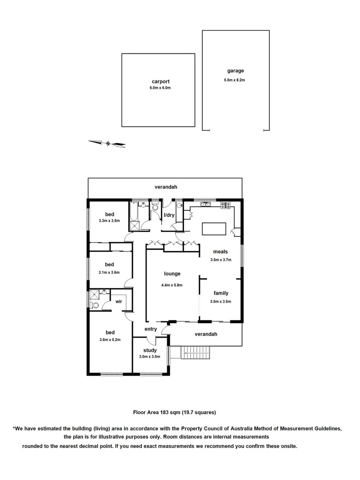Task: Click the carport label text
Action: point(161,82)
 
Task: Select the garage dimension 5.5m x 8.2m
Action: point(235,80)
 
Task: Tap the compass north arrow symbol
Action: point(107,143)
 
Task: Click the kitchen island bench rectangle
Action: point(214,228)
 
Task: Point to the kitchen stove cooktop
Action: point(226,205)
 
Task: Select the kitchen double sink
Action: point(205,204)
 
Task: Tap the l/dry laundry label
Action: point(169,215)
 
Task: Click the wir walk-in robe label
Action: point(119,301)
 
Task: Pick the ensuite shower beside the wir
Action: point(94,294)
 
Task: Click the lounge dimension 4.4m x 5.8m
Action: point(172,285)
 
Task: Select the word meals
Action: point(221,252)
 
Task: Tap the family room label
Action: point(221,293)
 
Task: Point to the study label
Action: point(150,350)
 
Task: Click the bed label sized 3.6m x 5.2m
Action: point(110,332)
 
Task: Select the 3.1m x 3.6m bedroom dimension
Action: point(109,272)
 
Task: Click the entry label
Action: point(151,329)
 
